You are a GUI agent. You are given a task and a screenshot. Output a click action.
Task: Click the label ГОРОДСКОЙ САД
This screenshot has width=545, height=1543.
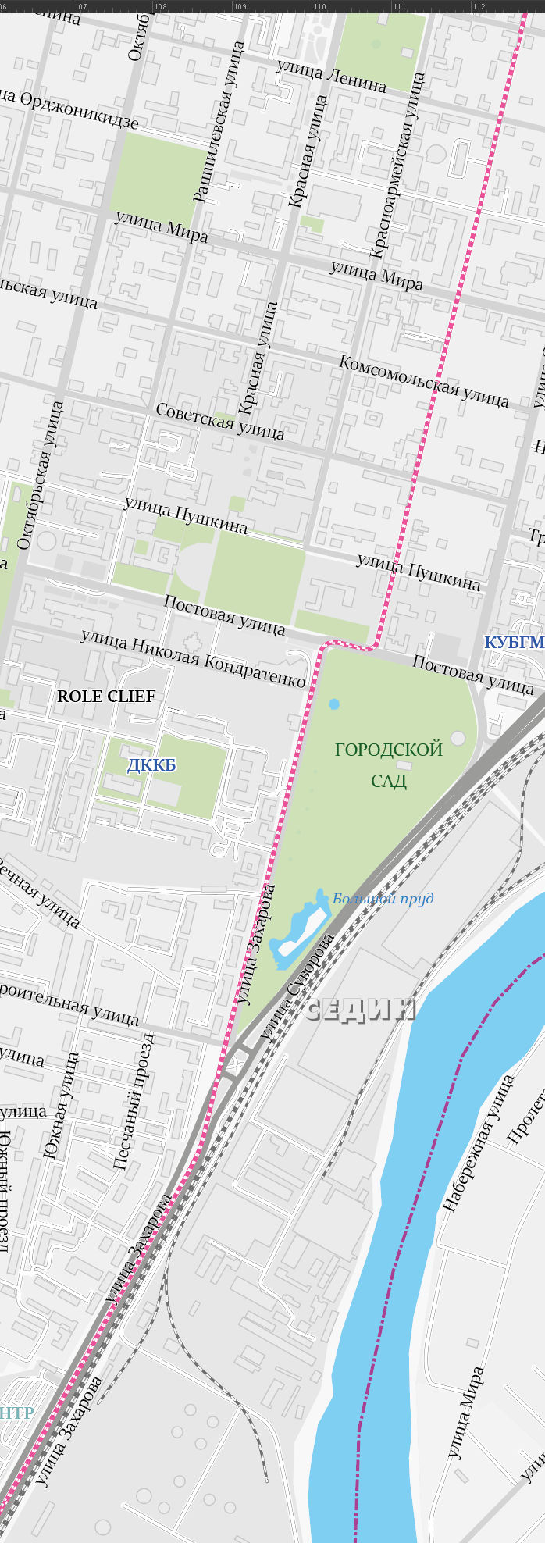coord(388,764)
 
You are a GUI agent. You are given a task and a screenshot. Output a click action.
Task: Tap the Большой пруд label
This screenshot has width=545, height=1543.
coord(383,899)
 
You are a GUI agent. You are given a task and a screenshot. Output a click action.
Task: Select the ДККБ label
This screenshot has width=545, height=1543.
coord(151,765)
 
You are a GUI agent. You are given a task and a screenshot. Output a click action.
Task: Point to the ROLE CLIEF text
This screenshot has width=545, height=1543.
coord(106,696)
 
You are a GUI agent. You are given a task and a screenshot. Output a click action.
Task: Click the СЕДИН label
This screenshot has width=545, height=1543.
coord(360,1010)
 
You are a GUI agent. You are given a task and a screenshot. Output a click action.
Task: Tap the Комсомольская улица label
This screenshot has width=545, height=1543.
coord(424,381)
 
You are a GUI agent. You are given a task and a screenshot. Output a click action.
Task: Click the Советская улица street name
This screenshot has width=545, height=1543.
coord(220,421)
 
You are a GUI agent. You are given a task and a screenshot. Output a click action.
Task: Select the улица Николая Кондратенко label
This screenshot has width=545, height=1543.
coord(193,658)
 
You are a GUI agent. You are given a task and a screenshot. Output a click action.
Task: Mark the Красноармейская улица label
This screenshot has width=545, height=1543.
coord(397,166)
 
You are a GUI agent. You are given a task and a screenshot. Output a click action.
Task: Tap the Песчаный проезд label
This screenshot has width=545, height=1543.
coord(134,1101)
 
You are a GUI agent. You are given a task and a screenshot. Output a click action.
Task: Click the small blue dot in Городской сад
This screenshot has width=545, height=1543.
coord(334,704)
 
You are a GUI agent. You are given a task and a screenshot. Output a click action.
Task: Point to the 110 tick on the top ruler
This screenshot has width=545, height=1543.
coord(319,6)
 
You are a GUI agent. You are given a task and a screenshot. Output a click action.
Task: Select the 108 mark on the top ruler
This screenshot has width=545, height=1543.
coord(160,6)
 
